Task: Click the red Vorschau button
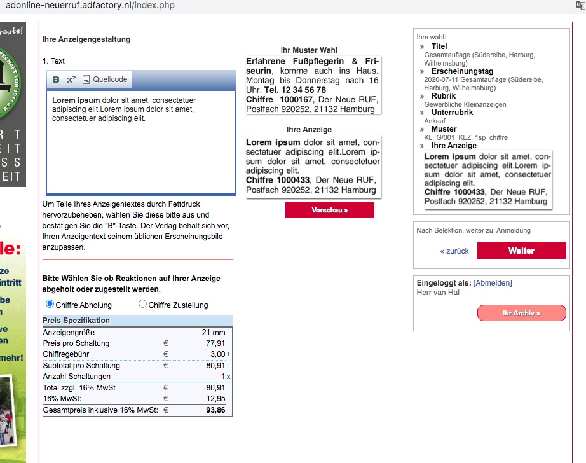point(329,210)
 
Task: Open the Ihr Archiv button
point(521,313)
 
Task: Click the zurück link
point(454,251)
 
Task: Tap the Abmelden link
point(493,283)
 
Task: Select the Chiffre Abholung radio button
point(50,305)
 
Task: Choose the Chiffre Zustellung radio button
point(142,305)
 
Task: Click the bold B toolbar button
point(56,79)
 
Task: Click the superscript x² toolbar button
point(71,79)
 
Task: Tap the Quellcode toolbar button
point(105,79)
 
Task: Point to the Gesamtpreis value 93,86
point(215,410)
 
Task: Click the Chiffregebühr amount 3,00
point(217,354)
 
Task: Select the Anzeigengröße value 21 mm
point(214,333)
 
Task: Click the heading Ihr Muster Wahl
point(309,50)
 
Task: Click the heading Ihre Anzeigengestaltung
point(86,39)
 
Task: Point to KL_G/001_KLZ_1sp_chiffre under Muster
point(466,137)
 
